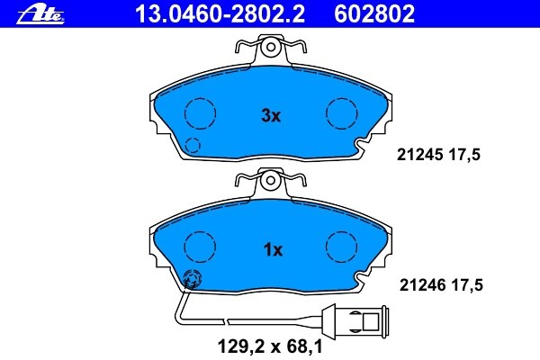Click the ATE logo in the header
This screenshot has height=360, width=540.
click(40, 15)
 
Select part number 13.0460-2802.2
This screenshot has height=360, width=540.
click(220, 13)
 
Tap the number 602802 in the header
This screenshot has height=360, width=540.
click(374, 13)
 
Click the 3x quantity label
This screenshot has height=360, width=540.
click(271, 116)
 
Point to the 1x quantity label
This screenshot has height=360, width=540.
click(273, 250)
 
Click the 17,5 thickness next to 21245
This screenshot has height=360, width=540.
click(464, 155)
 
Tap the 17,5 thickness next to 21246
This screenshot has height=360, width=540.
click(467, 285)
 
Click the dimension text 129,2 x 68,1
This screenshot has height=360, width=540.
click(270, 346)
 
